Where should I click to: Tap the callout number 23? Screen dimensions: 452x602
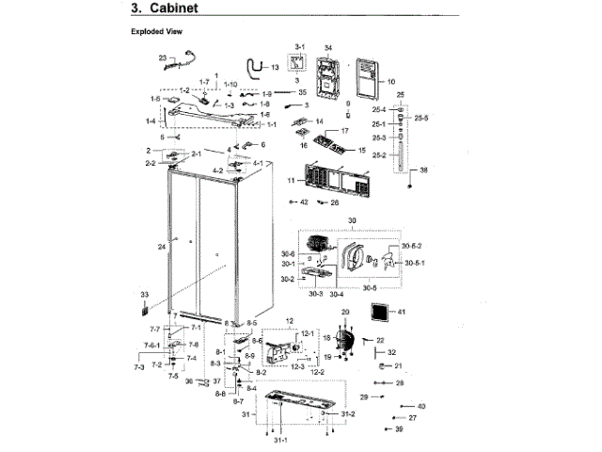click(162, 58)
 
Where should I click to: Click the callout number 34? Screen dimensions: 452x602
click(328, 47)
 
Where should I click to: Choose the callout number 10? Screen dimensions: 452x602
click(390, 82)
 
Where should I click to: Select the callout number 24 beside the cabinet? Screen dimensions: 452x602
click(162, 246)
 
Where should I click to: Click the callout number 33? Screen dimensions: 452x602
click(144, 294)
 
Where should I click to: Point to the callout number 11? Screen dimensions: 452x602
click(292, 179)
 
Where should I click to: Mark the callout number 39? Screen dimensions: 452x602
click(399, 429)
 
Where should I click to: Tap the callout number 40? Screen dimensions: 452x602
click(421, 406)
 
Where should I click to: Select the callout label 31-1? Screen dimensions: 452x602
click(279, 442)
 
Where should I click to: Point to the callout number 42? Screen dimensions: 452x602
click(304, 202)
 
